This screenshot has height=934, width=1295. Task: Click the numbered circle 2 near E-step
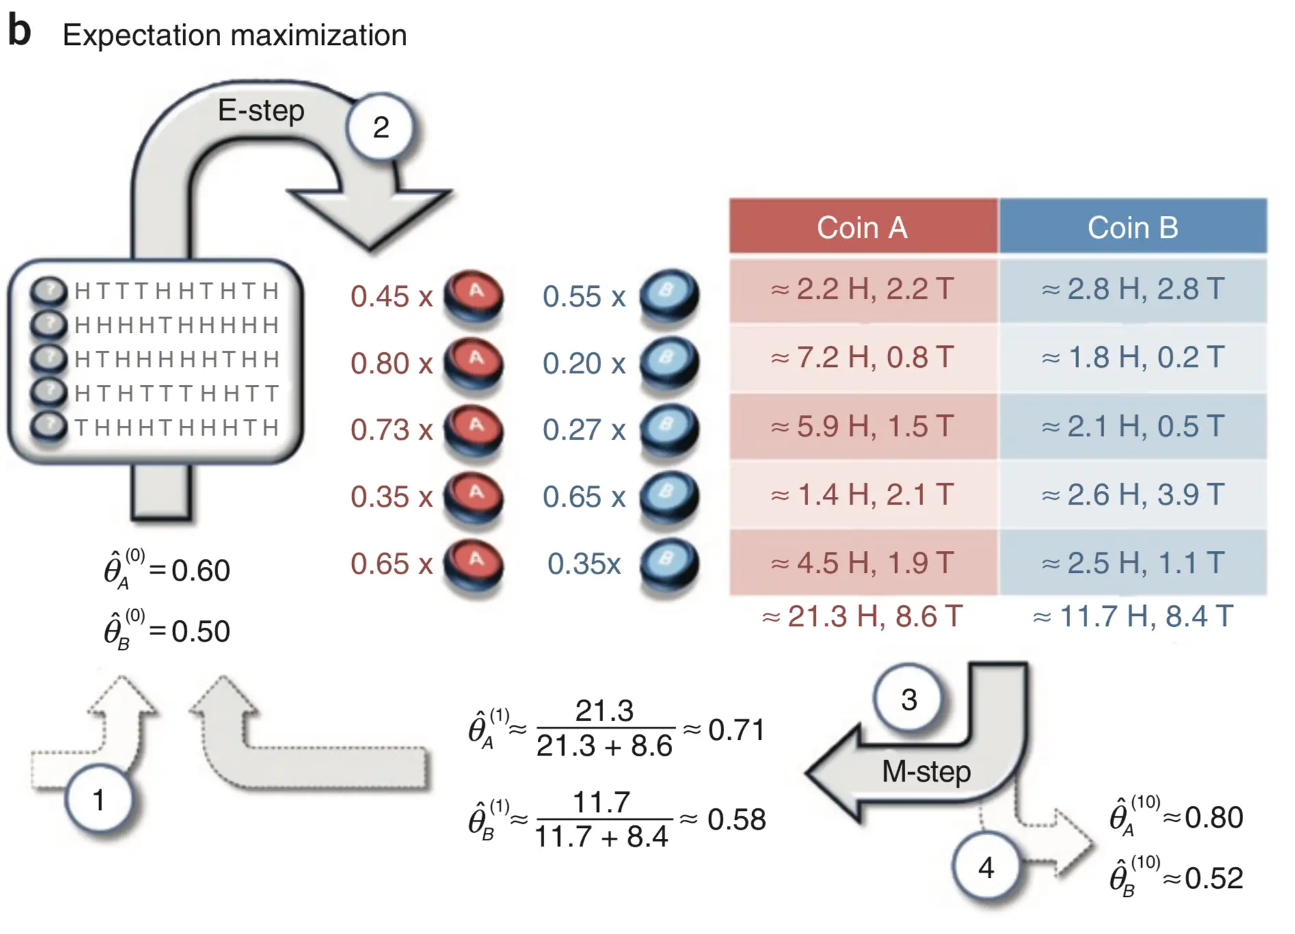coord(380,127)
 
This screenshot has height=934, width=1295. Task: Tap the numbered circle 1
coord(99,799)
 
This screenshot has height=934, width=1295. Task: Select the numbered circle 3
coord(908,699)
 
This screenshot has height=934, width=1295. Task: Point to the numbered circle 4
coord(985,867)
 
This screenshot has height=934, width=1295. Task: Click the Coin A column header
coord(862,227)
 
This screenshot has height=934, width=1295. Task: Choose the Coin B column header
coord(1132,227)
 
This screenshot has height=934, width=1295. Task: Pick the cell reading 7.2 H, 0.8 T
coord(862,357)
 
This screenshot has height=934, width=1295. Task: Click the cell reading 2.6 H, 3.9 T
coord(1132,494)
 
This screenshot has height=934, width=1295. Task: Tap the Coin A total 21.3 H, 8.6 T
coord(862,616)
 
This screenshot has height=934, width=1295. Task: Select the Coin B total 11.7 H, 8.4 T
coord(1132,616)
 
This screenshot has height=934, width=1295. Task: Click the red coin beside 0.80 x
coord(474,362)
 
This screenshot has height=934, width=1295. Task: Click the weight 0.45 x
coord(391,297)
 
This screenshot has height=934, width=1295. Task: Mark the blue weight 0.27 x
coord(584,430)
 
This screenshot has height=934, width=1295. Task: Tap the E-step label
coord(261,110)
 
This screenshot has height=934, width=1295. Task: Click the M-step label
coord(926,771)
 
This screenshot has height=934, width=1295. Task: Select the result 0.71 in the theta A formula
coord(736,730)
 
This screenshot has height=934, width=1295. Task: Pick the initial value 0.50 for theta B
coord(200,631)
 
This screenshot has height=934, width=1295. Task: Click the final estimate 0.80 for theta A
coord(1214,817)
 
